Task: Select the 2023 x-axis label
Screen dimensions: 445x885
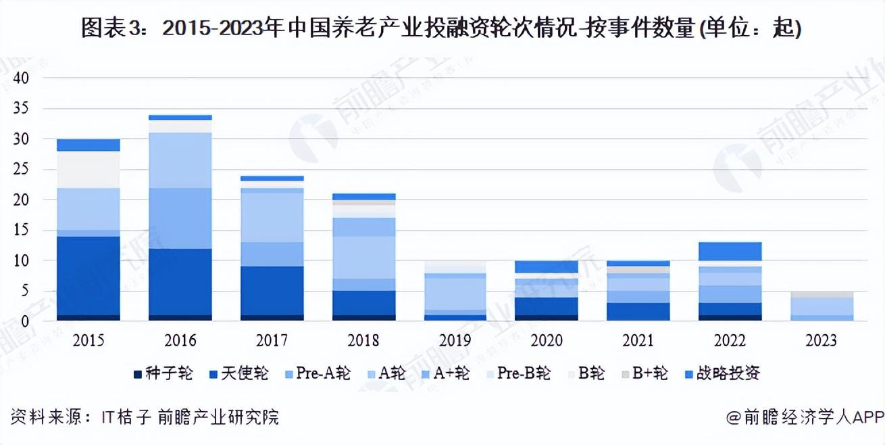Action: click(821, 340)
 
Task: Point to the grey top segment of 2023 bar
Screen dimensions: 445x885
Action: click(821, 294)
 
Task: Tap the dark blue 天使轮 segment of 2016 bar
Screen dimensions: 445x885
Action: click(180, 281)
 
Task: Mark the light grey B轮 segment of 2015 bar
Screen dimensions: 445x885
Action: click(88, 169)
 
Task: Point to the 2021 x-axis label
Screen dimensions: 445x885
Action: click(637, 340)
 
